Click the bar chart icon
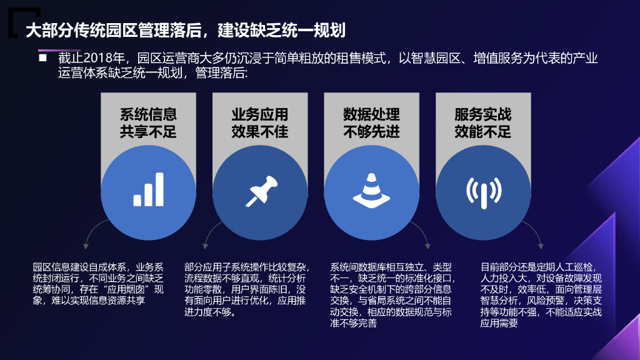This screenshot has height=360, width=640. [149, 189]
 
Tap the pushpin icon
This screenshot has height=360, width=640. [261, 191]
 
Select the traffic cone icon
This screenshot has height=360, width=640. [371, 191]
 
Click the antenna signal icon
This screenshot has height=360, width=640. [484, 192]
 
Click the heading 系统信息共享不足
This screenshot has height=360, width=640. [148, 123]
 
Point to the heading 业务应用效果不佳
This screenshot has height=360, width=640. [260, 123]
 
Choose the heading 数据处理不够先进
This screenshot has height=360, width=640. [371, 123]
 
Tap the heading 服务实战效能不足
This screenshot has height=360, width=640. [483, 123]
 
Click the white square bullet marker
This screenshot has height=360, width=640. [42, 58]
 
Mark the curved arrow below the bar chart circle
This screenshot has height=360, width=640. [94, 232]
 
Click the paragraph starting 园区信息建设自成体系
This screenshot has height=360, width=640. [98, 284]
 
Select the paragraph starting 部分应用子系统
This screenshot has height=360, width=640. [246, 290]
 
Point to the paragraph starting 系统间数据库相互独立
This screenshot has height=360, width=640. [392, 295]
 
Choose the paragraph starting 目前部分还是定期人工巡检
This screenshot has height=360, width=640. [541, 295]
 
